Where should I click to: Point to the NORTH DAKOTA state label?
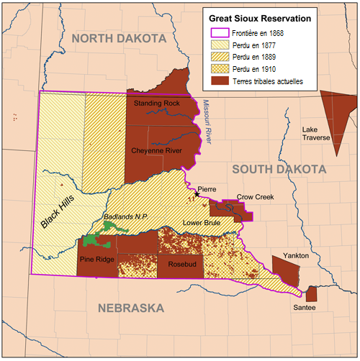coord(123,38)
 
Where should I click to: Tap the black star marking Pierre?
coord(197,194)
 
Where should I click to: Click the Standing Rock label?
coord(157,104)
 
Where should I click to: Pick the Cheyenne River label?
coord(157,151)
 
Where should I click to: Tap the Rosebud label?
coord(182,265)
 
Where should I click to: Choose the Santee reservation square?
coord(311,294)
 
